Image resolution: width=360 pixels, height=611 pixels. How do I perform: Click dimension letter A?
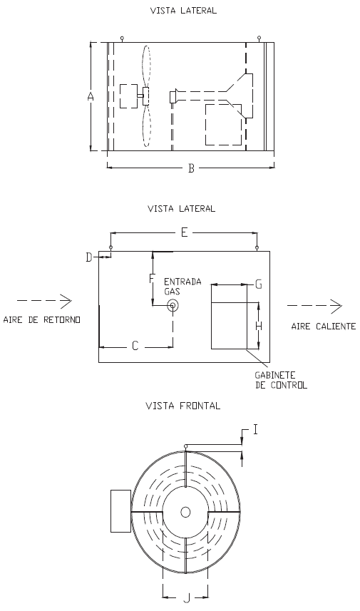91,97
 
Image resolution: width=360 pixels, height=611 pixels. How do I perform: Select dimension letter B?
191,168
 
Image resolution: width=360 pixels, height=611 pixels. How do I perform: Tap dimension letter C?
135,346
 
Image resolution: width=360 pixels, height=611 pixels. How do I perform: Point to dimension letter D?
89,257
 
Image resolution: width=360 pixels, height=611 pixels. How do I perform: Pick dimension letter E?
185,232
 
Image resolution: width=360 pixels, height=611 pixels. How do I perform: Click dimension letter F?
153,278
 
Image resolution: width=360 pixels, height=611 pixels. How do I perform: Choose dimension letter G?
258,285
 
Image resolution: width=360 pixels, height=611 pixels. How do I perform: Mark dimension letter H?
258,326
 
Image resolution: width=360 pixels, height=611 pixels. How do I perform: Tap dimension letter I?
256,430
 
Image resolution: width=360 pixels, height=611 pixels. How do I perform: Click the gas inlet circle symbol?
173,306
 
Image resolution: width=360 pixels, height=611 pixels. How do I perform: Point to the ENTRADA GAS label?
182,287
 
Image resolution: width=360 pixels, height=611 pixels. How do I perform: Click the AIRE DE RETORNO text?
41,320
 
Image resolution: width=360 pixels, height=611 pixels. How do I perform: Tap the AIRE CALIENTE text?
324,326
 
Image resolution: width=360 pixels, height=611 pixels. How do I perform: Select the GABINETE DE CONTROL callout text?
281,380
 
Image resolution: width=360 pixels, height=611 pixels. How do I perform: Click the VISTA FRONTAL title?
182,406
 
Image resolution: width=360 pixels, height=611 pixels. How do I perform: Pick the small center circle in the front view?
185,512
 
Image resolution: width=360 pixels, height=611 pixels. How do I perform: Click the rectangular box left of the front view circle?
120,511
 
